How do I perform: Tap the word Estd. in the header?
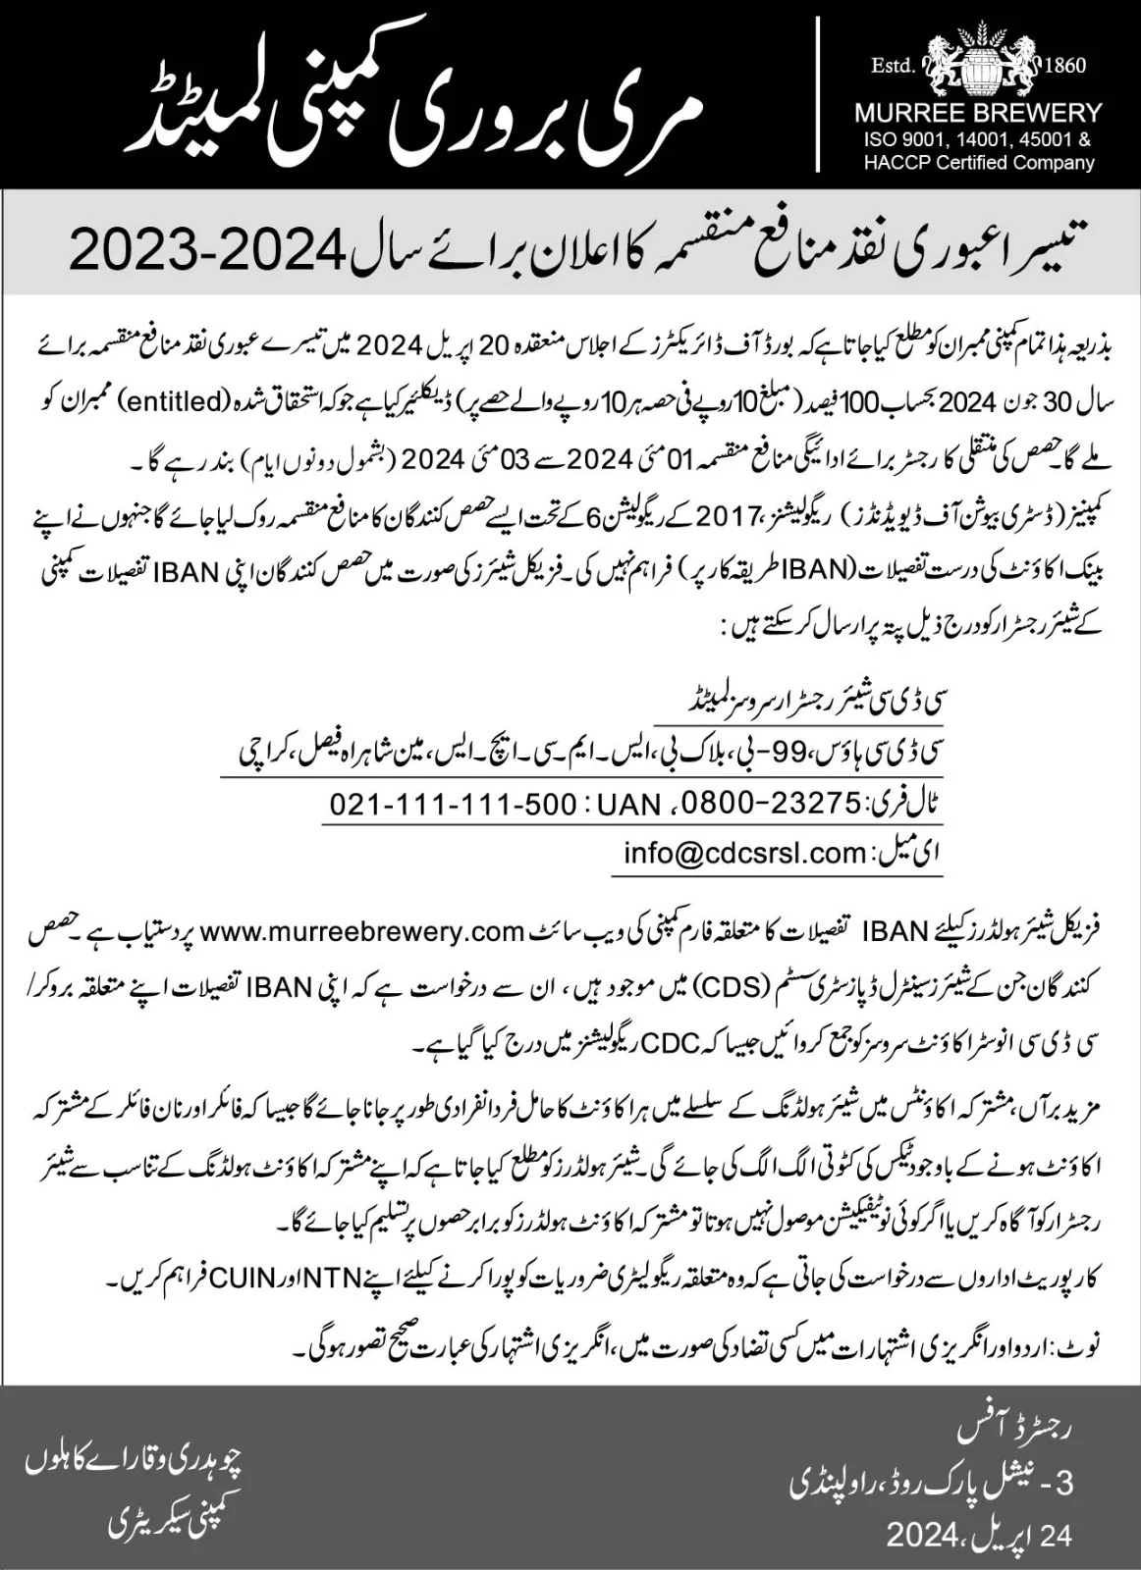tap(893, 66)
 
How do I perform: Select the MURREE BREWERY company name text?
tap(978, 112)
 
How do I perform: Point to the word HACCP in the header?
tap(890, 162)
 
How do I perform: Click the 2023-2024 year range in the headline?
tap(206, 252)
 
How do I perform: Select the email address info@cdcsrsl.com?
tap(743, 853)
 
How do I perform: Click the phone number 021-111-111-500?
tap(453, 804)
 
